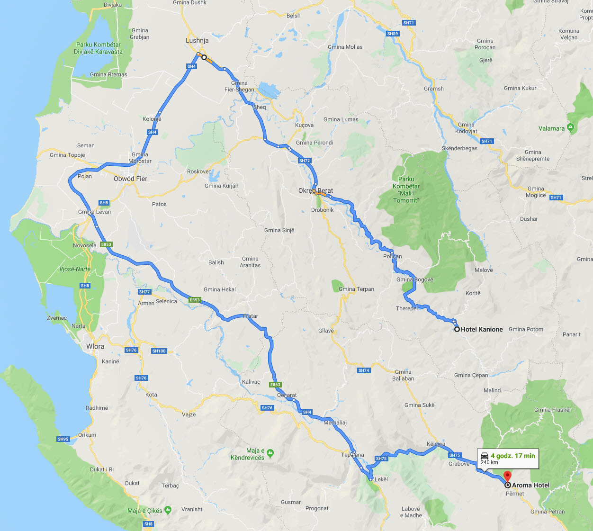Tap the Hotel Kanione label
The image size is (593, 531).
[x=481, y=330]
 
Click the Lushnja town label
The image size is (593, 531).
[x=197, y=41]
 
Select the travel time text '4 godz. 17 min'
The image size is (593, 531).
[x=512, y=456]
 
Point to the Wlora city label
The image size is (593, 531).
[x=95, y=347]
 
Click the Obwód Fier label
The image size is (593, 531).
[x=130, y=179]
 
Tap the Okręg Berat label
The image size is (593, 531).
[x=315, y=191]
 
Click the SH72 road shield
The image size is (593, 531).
[x=305, y=161]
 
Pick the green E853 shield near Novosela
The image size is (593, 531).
[x=106, y=244]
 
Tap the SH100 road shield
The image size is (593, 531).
[x=159, y=351]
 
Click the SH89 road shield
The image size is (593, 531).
[x=393, y=34]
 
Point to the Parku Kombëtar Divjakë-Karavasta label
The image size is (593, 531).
[x=98, y=48]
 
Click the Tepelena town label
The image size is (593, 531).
[x=352, y=455]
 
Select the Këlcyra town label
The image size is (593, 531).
[x=436, y=444]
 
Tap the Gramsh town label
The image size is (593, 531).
[x=434, y=89]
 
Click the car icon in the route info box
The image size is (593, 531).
[x=485, y=456]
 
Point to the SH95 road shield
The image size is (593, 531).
[x=63, y=439]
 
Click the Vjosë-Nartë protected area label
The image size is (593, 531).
[x=75, y=269]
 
